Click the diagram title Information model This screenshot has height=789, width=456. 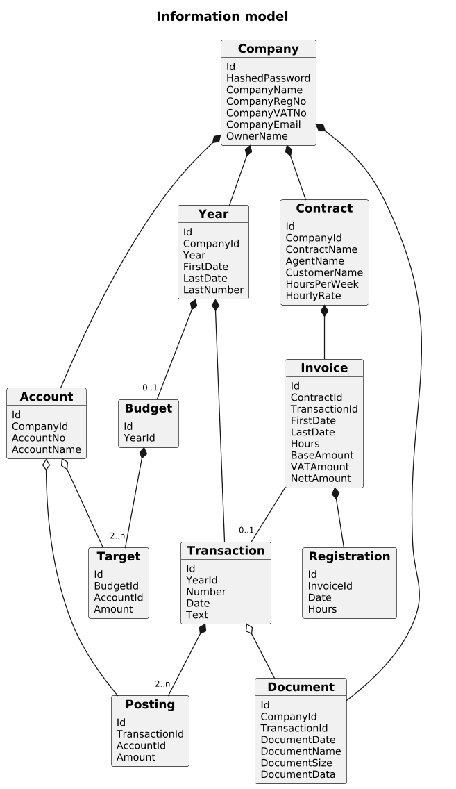(222, 17)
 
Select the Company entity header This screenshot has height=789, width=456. (269, 49)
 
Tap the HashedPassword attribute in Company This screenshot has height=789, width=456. (268, 78)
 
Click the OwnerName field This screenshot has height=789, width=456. (257, 136)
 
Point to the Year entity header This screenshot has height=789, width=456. (213, 214)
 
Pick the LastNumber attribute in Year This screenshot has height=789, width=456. (213, 290)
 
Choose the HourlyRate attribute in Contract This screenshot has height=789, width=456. (313, 296)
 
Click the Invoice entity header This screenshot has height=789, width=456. (324, 368)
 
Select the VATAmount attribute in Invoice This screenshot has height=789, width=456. (320, 467)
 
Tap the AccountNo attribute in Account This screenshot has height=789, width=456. (38, 438)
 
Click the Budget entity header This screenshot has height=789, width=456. (149, 408)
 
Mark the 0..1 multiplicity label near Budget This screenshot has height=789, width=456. (150, 388)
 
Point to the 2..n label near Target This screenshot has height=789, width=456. (118, 536)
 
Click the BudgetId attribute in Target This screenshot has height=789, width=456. (116, 586)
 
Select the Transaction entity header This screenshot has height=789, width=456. (226, 551)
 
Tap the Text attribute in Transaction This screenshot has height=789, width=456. (196, 615)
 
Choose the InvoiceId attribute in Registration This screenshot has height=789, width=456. (330, 586)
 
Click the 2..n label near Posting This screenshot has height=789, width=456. (162, 684)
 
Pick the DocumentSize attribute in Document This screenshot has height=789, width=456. (296, 763)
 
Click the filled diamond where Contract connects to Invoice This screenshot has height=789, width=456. (324, 311)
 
